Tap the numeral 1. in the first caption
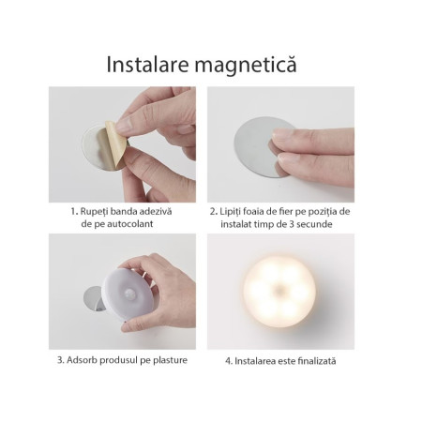74,211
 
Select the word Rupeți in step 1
97,211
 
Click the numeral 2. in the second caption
213,211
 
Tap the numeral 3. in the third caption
60,360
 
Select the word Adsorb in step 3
85,360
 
